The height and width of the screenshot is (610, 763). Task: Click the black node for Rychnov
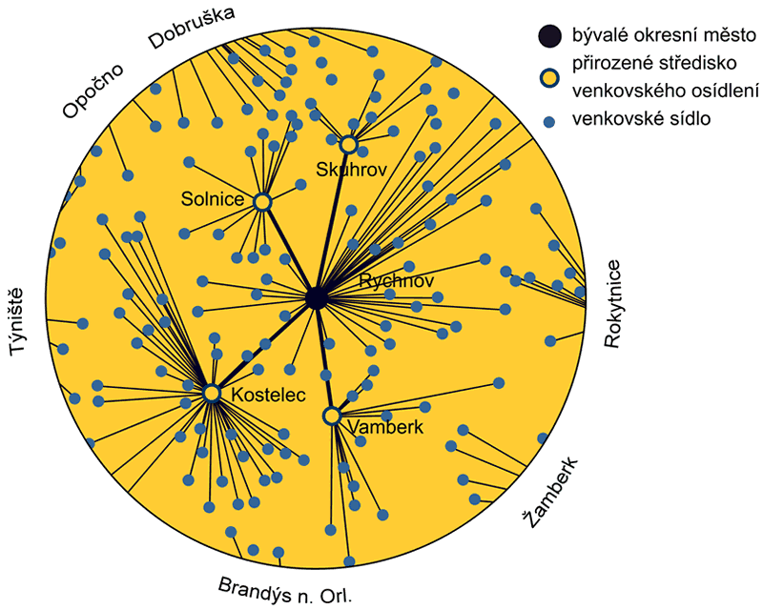[x=317, y=299]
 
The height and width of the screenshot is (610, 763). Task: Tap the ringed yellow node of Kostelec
[x=212, y=393]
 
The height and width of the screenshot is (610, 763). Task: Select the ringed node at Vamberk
[x=332, y=417]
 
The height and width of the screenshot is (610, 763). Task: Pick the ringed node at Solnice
[x=262, y=201]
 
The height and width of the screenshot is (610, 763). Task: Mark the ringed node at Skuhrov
[x=349, y=144]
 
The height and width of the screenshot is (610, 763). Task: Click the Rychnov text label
[x=396, y=281]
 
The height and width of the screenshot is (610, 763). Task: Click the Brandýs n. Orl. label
[x=285, y=591]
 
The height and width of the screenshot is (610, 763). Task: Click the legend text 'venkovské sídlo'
[x=640, y=119]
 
